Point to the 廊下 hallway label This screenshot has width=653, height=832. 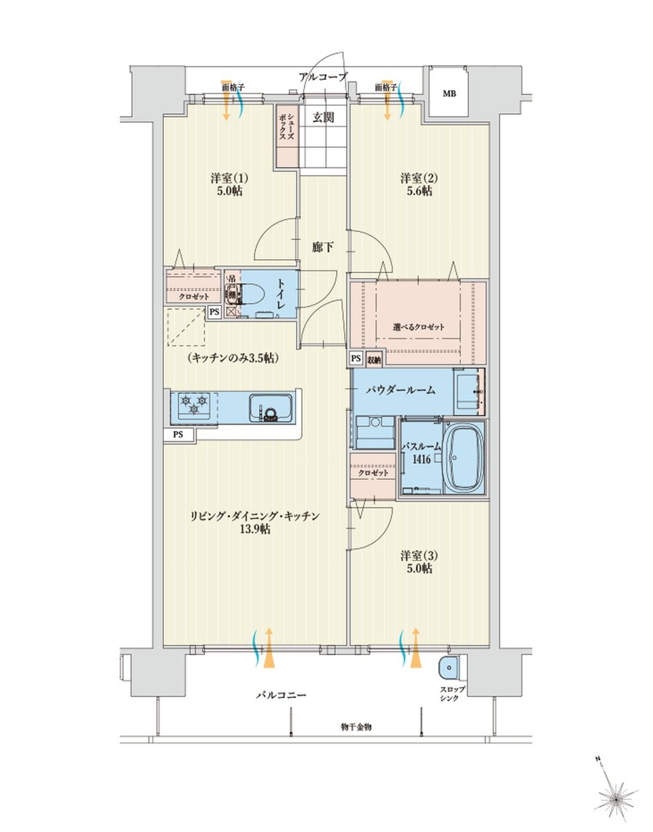click(x=322, y=247)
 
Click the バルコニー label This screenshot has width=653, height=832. click(x=280, y=695)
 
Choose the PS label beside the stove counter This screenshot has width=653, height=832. click(x=178, y=435)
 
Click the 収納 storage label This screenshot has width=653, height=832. click(x=374, y=358)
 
